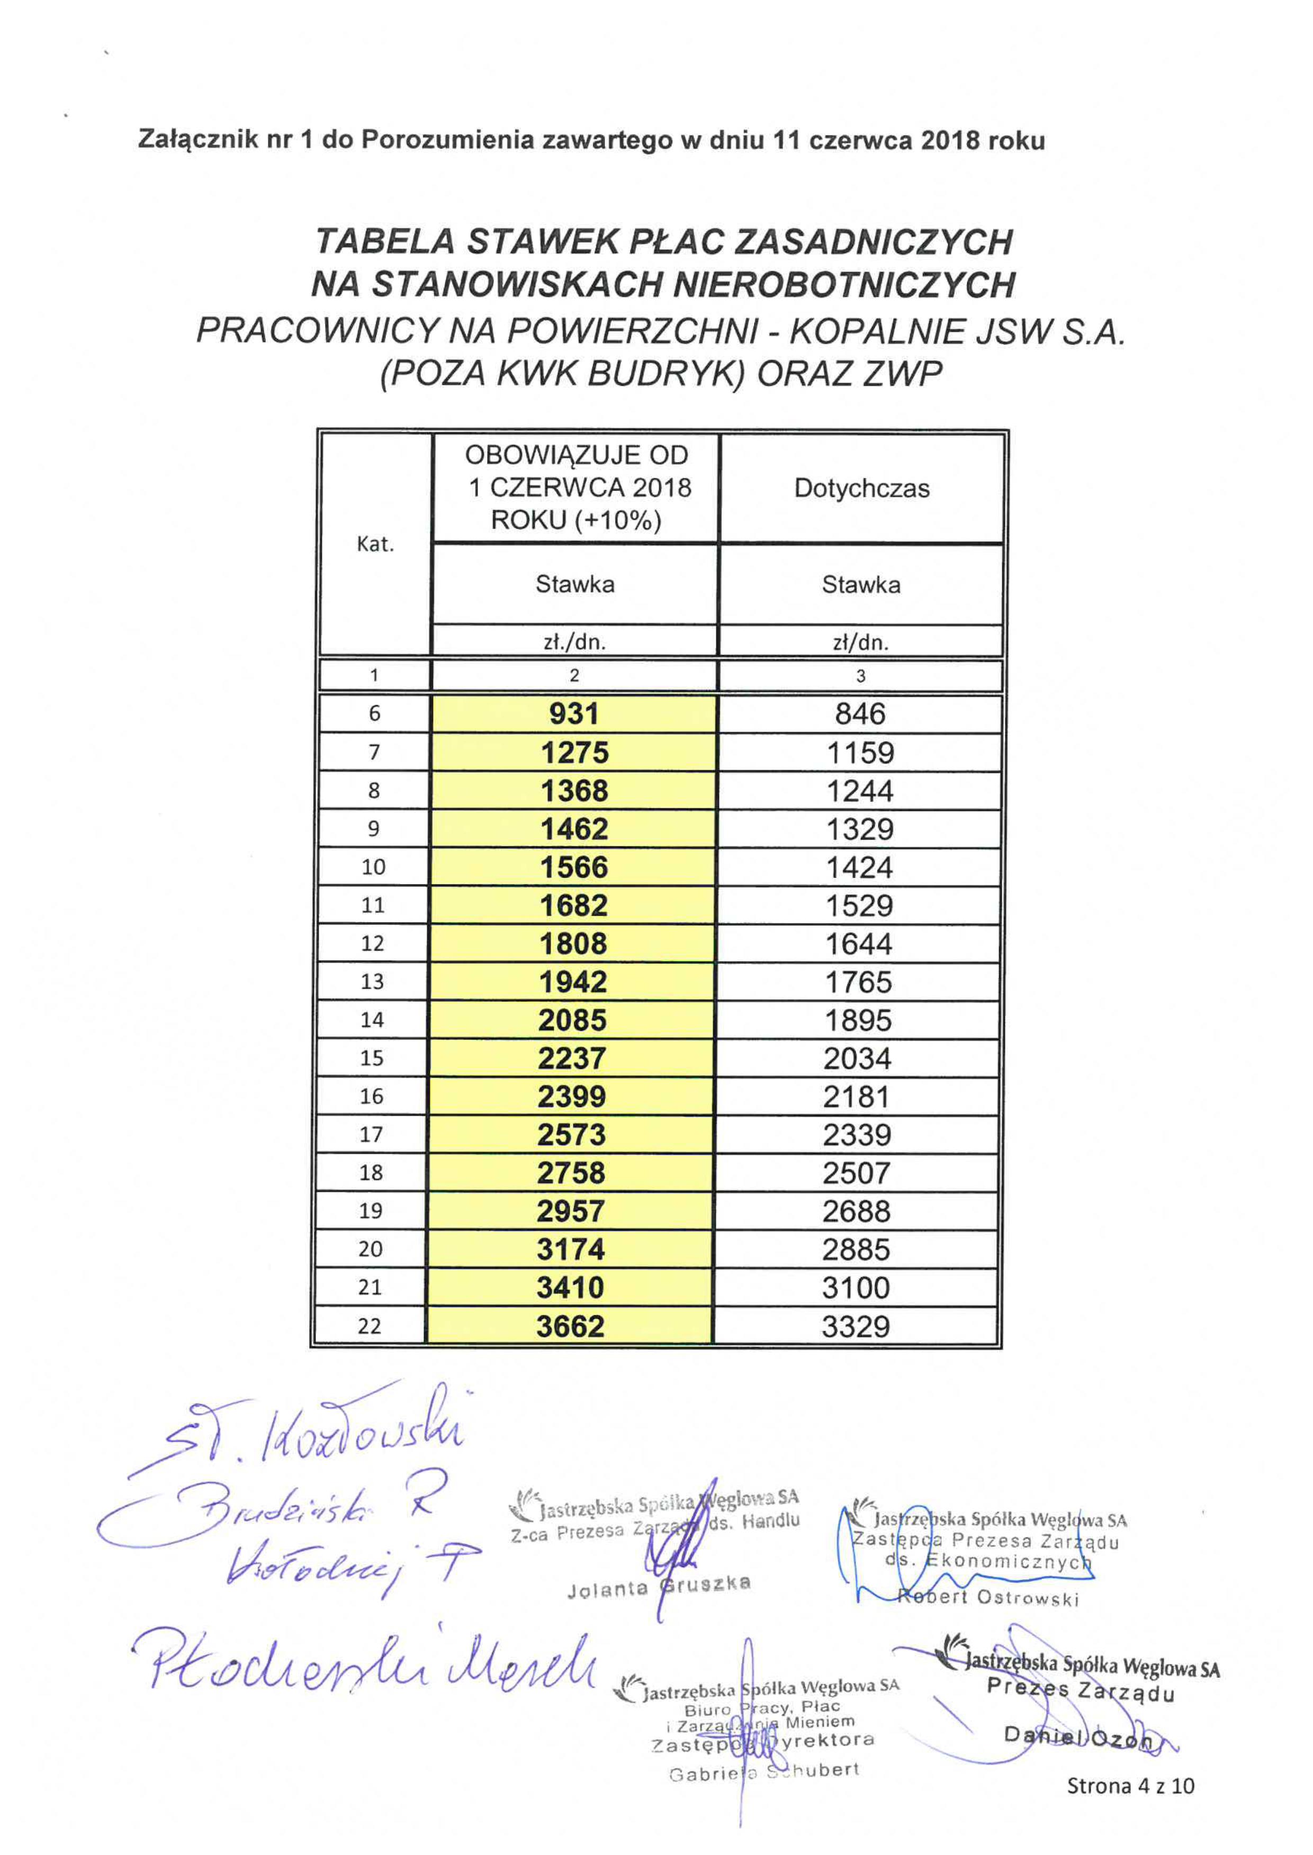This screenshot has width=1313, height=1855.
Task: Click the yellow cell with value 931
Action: click(574, 714)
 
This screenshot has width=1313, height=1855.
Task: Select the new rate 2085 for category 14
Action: click(572, 1019)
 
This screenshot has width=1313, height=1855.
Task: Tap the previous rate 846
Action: click(860, 714)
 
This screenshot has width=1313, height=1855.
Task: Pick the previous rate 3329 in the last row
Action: click(856, 1326)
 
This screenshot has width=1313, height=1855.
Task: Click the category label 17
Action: click(371, 1134)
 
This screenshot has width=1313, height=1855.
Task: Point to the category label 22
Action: click(370, 1326)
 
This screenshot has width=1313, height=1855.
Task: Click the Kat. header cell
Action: click(375, 544)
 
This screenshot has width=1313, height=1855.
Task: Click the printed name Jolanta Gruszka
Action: click(659, 1586)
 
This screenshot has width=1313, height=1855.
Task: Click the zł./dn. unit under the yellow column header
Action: click(574, 642)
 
